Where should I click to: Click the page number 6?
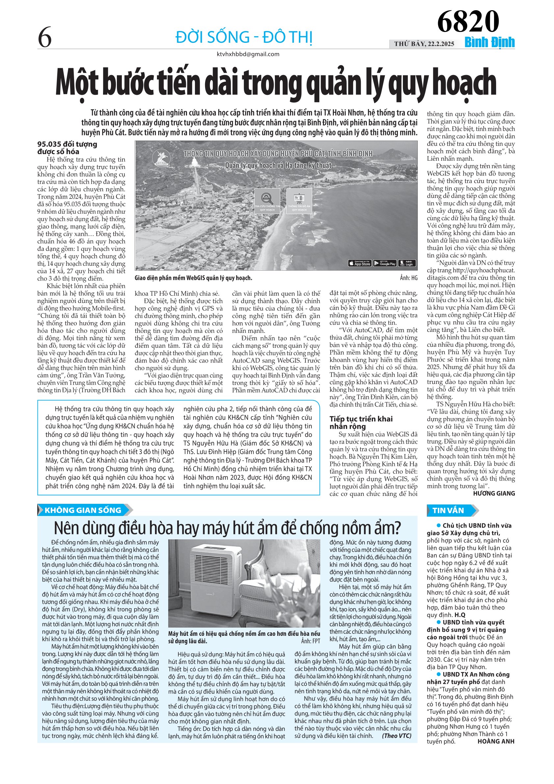(x=45, y=38)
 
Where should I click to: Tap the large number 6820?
(x=468, y=21)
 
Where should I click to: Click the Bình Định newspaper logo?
(x=489, y=43)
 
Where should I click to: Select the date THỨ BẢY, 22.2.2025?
(x=424, y=44)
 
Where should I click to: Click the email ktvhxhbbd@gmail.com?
(x=248, y=54)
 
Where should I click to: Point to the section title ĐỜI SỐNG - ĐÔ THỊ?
(x=244, y=37)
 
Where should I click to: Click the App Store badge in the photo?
(x=359, y=263)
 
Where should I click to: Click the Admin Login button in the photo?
(x=407, y=263)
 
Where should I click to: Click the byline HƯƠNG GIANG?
(x=493, y=493)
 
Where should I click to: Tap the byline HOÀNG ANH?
(x=496, y=741)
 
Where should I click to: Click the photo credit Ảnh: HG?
(x=409, y=278)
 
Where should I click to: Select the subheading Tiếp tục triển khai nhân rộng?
(x=361, y=422)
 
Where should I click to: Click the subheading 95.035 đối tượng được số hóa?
(x=67, y=148)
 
